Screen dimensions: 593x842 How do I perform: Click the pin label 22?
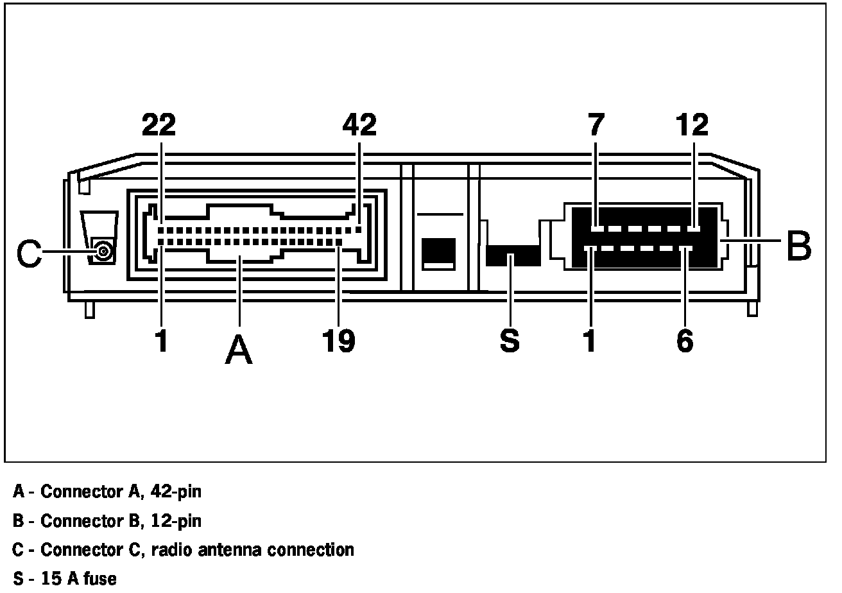coord(159,125)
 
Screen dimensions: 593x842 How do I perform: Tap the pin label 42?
coord(359,125)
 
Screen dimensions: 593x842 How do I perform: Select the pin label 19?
coord(339,341)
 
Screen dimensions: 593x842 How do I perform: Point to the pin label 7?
coord(596,125)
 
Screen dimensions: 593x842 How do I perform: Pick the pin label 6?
coord(685,341)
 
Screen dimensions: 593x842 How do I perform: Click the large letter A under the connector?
coord(239,350)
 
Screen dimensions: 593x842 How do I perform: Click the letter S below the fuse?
coord(510,341)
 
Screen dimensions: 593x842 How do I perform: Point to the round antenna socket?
coord(102,250)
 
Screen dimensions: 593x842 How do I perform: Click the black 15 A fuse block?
coord(513,255)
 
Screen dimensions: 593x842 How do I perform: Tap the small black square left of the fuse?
coord(438,253)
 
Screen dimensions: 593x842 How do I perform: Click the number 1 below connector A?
coord(162,341)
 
